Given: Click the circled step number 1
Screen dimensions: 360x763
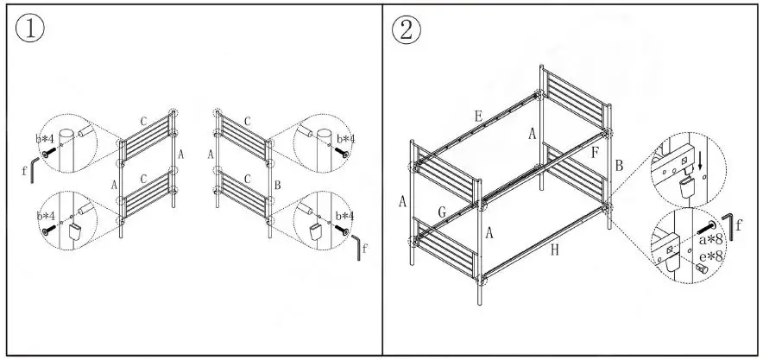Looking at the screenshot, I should pos(31,29).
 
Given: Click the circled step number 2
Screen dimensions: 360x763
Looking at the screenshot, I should pos(407,29).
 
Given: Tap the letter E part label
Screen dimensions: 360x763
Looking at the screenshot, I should pos(477,115).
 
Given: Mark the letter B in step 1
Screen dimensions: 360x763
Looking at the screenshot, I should pos(275,185).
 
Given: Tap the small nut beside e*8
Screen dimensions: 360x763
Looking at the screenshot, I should pos(702,270).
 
